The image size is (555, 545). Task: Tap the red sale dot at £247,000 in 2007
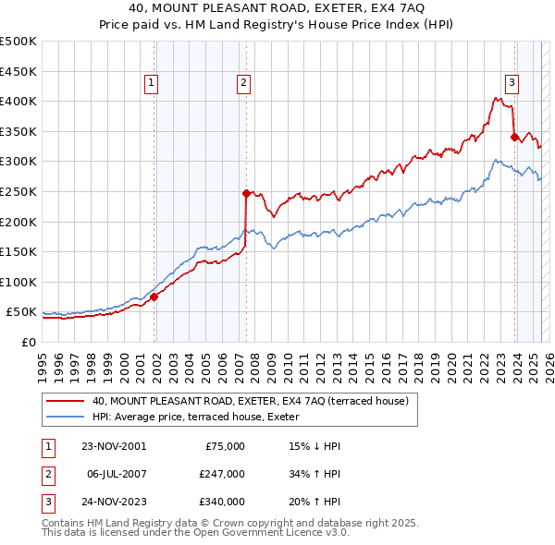[247, 193]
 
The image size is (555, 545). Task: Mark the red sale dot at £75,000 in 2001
[154, 297]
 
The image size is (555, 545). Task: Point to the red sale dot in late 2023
[514, 137]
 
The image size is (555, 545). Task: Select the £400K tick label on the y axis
[18, 101]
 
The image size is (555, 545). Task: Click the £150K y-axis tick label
[18, 251]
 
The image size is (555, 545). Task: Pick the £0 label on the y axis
[28, 342]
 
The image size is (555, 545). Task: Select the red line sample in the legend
[66, 401]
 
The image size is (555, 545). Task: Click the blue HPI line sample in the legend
[66, 416]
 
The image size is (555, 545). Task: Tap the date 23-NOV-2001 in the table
[113, 445]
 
